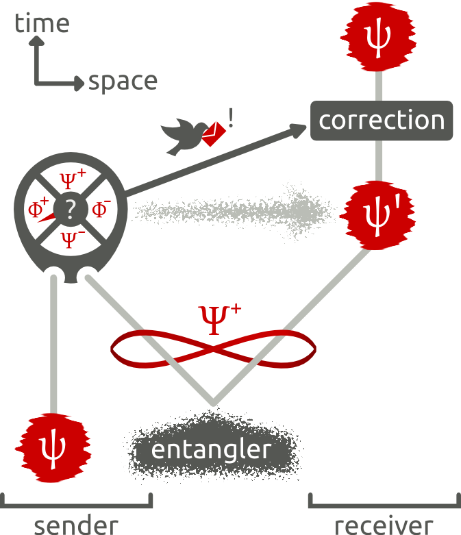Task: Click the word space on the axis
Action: (123, 82)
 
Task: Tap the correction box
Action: (382, 121)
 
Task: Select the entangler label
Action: (211, 450)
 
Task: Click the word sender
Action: (76, 525)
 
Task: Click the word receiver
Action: (384, 525)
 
